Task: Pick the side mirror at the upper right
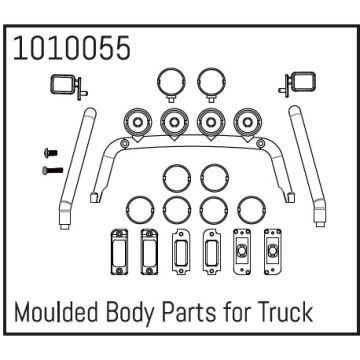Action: pos(300,84)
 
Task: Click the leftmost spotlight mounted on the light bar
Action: pos(133,124)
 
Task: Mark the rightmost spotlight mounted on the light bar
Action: pos(242,124)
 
